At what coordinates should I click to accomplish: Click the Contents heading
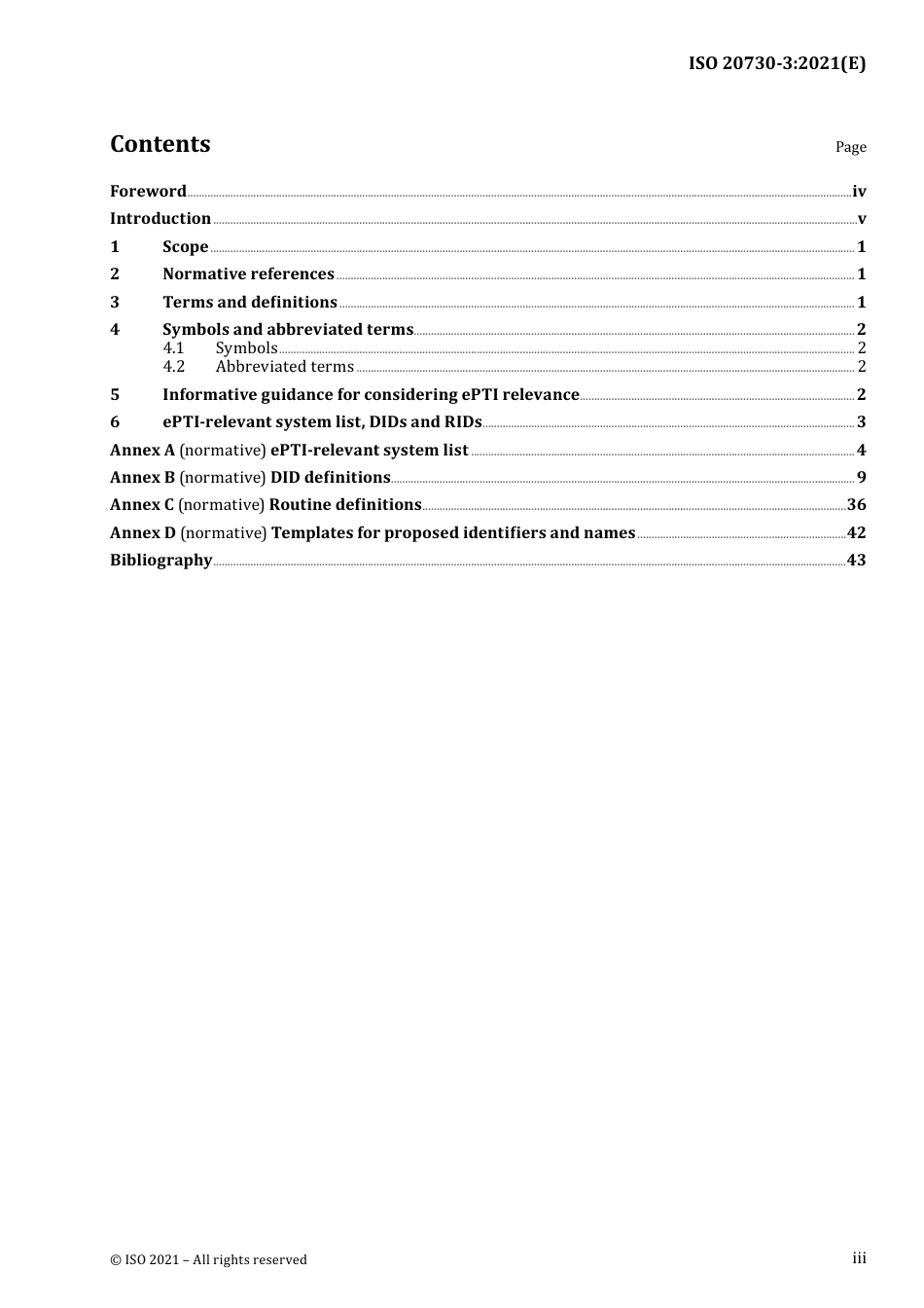(160, 144)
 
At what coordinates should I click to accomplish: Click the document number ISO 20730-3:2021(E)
(776, 64)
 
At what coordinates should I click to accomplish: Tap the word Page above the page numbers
(850, 147)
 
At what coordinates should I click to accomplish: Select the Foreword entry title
(148, 192)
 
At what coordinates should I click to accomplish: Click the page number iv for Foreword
(859, 192)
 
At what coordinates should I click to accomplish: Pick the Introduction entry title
(160, 219)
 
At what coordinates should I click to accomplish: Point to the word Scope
(185, 247)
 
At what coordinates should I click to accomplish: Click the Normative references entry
(248, 274)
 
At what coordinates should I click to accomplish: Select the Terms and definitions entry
(250, 303)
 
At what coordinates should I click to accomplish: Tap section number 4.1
(173, 348)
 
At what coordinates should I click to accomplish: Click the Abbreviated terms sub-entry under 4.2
(284, 367)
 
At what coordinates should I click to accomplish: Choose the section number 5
(115, 395)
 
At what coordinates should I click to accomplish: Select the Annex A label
(142, 451)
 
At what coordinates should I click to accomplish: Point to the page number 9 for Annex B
(861, 478)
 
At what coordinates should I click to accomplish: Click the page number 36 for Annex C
(856, 505)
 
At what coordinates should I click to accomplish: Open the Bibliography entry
(160, 561)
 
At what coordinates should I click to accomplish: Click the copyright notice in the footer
(208, 1260)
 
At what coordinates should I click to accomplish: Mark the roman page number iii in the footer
(859, 1258)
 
